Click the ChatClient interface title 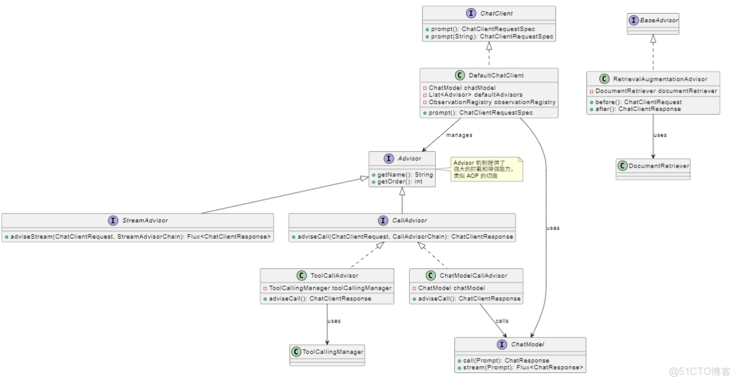496,14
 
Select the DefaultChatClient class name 496,75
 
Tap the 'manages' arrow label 459,135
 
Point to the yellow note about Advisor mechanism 487,169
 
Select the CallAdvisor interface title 410,220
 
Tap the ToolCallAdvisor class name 334,275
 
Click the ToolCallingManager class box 327,352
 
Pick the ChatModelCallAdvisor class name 473,275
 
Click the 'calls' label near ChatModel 502,321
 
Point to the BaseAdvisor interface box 653,21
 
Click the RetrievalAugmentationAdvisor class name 660,79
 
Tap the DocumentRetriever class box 653,166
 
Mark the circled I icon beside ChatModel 502,344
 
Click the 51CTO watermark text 700,372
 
